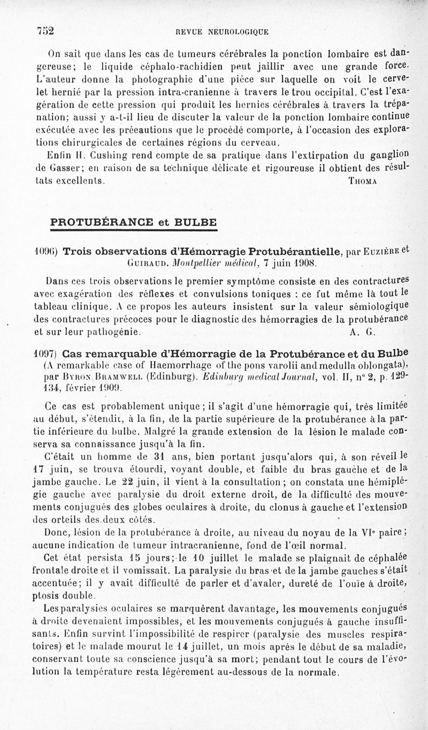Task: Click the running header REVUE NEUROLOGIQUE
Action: point(218,32)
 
